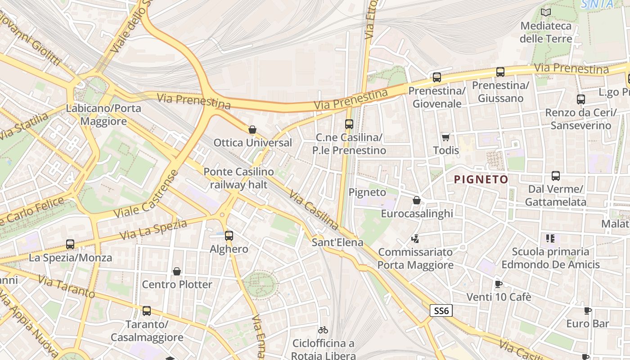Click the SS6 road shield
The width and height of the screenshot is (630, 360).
tap(441, 310)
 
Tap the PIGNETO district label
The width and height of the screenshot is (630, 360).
tap(481, 180)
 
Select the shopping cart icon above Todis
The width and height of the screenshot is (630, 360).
tap(445, 137)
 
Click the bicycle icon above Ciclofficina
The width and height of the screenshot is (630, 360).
tap(323, 330)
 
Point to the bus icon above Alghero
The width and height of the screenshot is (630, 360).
tap(229, 235)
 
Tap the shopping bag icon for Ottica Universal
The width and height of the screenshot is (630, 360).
tap(252, 130)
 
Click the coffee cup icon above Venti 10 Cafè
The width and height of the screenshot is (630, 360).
tap(498, 284)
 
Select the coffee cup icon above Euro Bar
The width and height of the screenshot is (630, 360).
tap(587, 310)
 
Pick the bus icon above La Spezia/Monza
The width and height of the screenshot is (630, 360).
tap(70, 244)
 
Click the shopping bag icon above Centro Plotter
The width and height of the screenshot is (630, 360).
tap(177, 271)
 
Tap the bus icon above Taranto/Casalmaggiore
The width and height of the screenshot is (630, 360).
tap(147, 310)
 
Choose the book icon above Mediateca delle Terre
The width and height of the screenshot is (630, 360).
tap(546, 13)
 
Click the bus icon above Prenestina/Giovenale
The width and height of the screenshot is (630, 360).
tap(436, 77)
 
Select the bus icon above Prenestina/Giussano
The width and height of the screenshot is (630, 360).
tap(500, 72)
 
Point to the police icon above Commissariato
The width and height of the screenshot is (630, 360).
tap(415, 238)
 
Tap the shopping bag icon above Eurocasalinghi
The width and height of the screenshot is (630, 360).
tap(417, 200)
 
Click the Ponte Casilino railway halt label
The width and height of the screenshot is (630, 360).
tap(238, 178)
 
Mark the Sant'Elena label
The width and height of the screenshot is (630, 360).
tap(337, 243)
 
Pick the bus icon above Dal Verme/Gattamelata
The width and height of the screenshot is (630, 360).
tap(556, 176)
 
